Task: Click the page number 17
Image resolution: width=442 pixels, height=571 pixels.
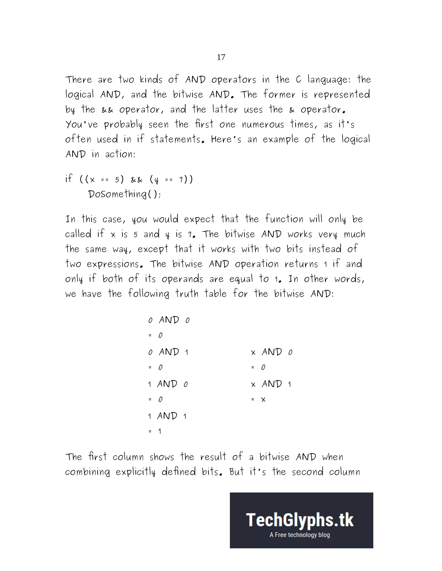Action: (221, 57)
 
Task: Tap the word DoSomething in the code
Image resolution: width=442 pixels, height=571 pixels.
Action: (117, 194)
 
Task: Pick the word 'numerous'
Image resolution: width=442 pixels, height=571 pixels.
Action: (263, 125)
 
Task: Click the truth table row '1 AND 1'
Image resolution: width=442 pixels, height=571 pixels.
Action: (167, 416)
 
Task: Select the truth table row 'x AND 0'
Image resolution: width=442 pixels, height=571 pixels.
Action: (271, 352)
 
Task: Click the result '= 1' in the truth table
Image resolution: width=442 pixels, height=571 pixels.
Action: (155, 431)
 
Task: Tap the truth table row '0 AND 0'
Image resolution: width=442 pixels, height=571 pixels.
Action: (169, 320)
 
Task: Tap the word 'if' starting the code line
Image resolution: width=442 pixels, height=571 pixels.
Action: (69, 179)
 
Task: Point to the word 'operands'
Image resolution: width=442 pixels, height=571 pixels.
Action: (182, 279)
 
